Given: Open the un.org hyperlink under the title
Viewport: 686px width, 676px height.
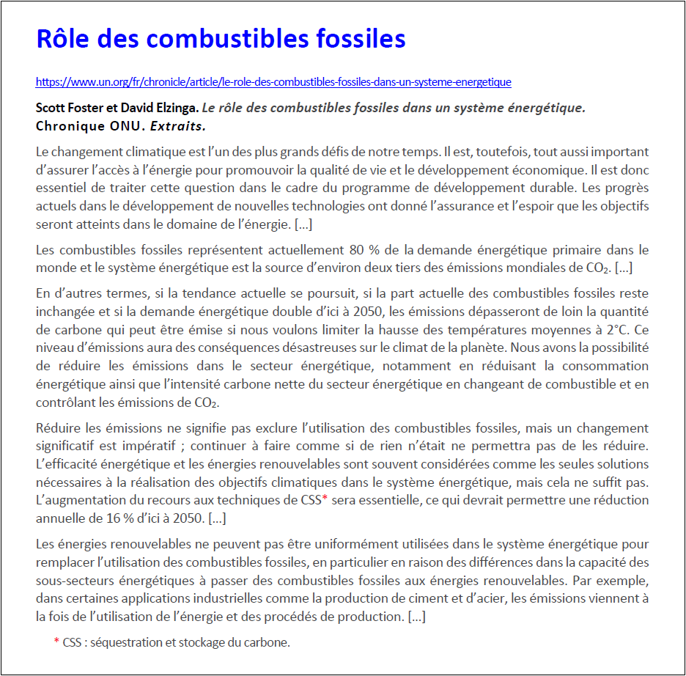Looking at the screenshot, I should [273, 82].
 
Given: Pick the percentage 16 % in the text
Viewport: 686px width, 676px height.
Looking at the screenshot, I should [125, 518].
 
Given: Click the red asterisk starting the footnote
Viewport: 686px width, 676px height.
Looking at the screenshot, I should [56, 642].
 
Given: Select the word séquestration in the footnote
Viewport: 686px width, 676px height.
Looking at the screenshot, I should [123, 643].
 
